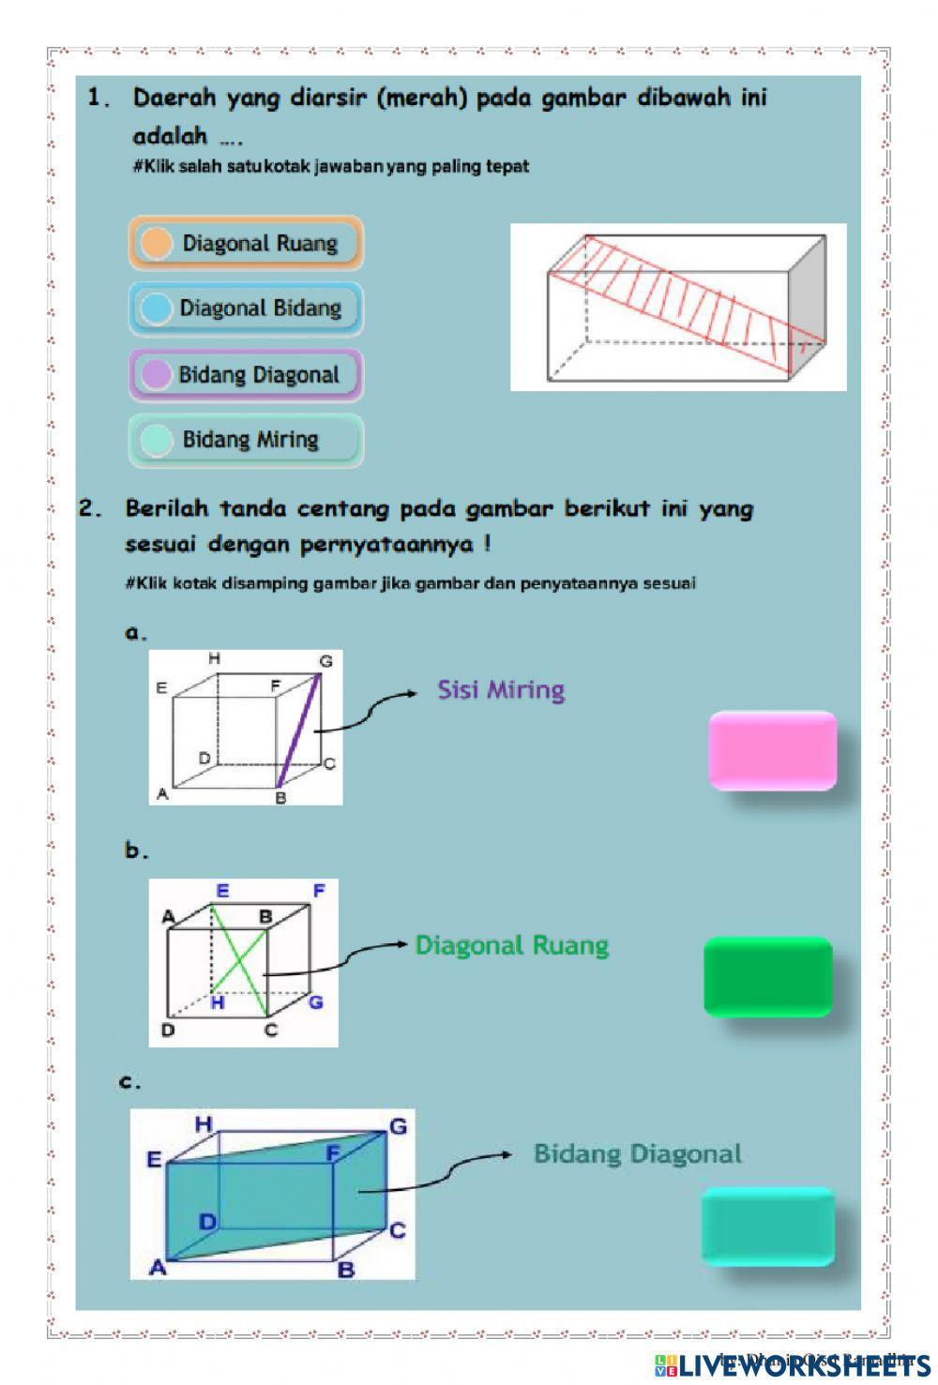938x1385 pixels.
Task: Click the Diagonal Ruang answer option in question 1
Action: click(x=246, y=244)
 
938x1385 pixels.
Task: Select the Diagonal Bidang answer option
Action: click(x=246, y=309)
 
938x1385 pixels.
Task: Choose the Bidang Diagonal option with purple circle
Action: click(x=246, y=375)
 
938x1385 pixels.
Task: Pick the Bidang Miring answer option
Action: click(x=246, y=440)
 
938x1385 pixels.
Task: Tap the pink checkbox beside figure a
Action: click(x=772, y=749)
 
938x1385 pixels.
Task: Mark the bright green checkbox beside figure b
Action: click(x=768, y=976)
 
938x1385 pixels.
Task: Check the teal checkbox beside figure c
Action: click(x=767, y=1227)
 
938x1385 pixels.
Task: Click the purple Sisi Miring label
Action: click(x=501, y=691)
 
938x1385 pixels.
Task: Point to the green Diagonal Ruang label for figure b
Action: click(x=512, y=945)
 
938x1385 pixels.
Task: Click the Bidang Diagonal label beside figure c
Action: click(x=638, y=1153)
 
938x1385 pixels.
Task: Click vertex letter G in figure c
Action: click(x=398, y=1126)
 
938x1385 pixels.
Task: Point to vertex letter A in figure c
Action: click(x=158, y=1267)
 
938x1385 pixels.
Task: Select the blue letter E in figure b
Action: click(x=222, y=892)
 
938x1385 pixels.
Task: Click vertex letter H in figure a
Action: click(x=215, y=659)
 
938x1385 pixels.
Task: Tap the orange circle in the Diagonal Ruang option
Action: click(x=156, y=244)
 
